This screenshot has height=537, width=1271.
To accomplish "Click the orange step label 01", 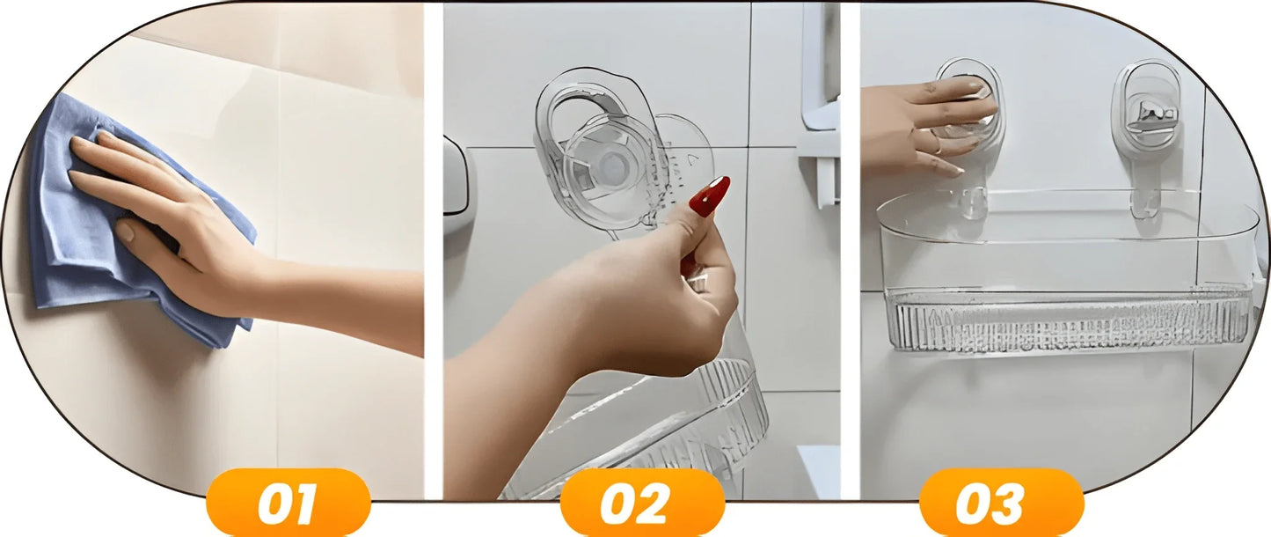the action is point(289,503).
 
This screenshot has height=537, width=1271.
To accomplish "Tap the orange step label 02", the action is point(643,503).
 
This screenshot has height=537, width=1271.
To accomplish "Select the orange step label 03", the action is point(1002,503).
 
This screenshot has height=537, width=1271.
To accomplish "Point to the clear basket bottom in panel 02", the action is point(641,431).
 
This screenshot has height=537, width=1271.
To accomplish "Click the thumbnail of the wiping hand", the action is point(124,230).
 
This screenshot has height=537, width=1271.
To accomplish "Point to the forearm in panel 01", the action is point(340,301).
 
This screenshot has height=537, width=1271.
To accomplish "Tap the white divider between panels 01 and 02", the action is point(434,251).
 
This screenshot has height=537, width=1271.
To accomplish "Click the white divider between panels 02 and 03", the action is point(851,251).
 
